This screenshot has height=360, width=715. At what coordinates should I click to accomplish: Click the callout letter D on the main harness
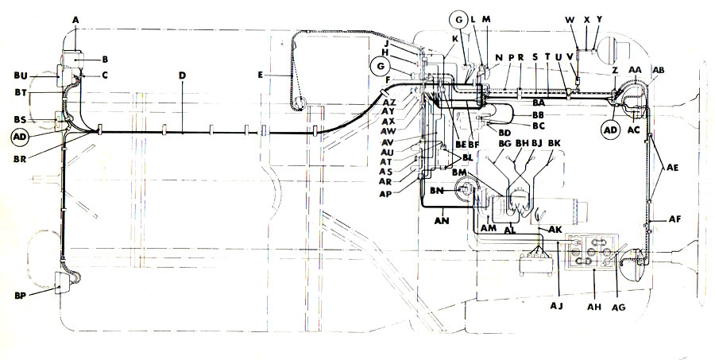click(182, 75)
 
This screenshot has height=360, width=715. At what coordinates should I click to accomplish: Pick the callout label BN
click(437, 191)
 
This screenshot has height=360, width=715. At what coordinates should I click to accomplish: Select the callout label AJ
click(558, 304)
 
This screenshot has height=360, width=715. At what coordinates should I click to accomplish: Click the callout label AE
click(673, 168)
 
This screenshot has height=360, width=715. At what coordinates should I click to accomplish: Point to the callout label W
click(570, 19)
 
